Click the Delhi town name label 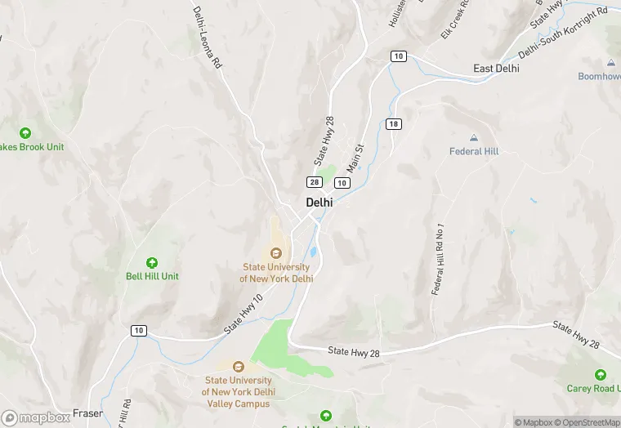tap(320, 202)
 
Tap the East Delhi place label tap(496, 69)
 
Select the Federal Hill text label tap(474, 151)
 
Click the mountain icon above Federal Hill tap(474, 137)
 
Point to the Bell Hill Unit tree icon tap(152, 262)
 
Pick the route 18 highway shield tap(394, 124)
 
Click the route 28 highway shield tap(314, 181)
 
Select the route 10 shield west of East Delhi tap(398, 56)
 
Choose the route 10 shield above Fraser tap(139, 330)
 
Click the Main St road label tap(355, 158)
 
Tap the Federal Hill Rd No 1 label tap(440, 259)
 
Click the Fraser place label tap(87, 413)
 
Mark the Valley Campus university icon tap(239, 367)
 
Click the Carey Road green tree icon tap(601, 375)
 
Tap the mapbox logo tap(37, 417)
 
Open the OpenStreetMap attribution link tap(587, 422)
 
